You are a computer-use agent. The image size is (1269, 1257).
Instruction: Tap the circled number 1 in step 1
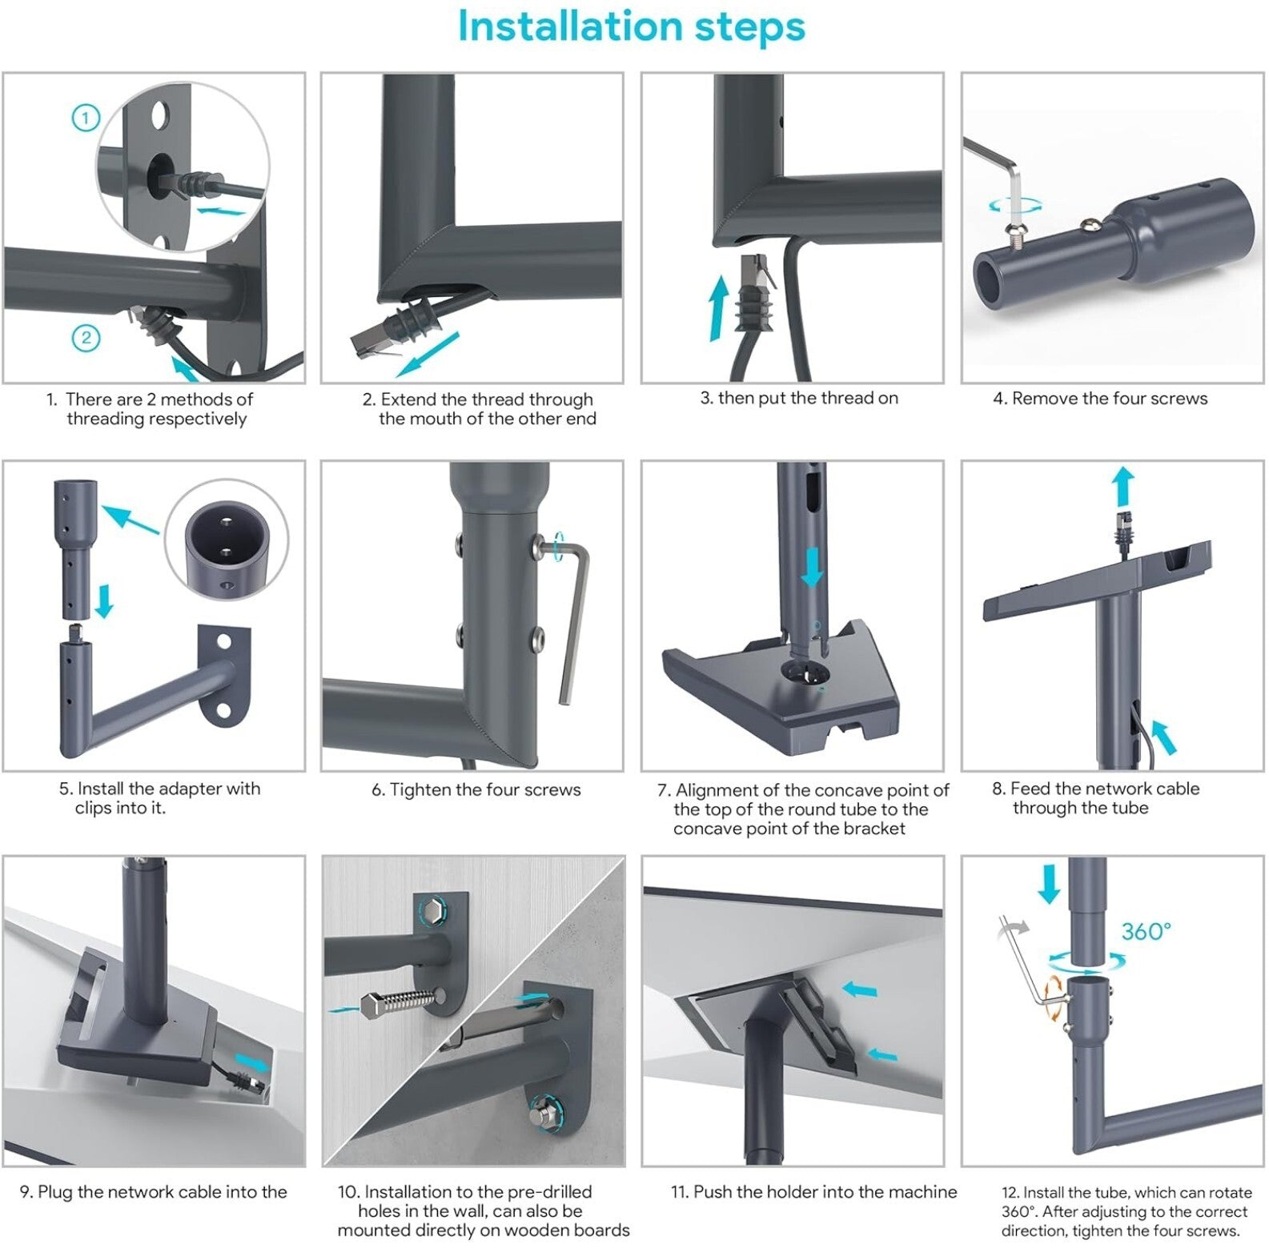(x=86, y=118)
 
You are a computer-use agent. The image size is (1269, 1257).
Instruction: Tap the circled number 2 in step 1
(x=86, y=337)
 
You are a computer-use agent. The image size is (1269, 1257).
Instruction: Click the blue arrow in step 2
(x=428, y=354)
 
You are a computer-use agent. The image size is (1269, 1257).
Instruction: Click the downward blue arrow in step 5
(x=104, y=601)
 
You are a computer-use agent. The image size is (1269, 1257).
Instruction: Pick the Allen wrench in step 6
(x=565, y=616)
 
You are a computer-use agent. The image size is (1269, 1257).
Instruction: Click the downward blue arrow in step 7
(x=813, y=568)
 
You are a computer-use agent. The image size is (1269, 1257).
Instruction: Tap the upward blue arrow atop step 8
(x=1123, y=487)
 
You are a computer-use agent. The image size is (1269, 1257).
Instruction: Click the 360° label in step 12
(x=1146, y=931)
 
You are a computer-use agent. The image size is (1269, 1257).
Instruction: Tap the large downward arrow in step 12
(x=1048, y=885)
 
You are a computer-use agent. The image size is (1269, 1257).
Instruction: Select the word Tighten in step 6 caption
(x=420, y=789)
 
